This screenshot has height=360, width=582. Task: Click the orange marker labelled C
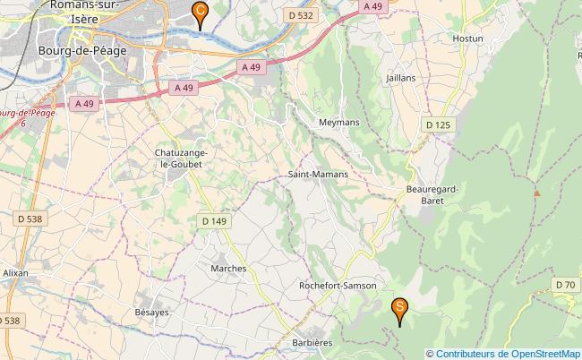[200, 13]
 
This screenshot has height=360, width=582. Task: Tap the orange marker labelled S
[399, 309]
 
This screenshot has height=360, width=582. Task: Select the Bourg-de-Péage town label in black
[81, 51]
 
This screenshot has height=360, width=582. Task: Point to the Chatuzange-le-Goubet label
[182, 159]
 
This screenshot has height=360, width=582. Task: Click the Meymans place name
[338, 122]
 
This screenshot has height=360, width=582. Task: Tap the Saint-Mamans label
[318, 175]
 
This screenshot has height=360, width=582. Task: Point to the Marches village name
[227, 268]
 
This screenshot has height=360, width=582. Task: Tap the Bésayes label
[151, 313]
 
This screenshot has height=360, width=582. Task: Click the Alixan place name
[15, 271]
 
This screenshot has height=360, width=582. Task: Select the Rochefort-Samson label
[337, 285]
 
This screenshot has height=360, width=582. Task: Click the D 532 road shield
[301, 15]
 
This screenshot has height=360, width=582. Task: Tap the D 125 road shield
[438, 124]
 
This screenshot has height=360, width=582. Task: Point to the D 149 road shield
[214, 220]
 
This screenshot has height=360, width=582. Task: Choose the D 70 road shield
[564, 285]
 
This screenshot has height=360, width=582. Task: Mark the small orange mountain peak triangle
[537, 193]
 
